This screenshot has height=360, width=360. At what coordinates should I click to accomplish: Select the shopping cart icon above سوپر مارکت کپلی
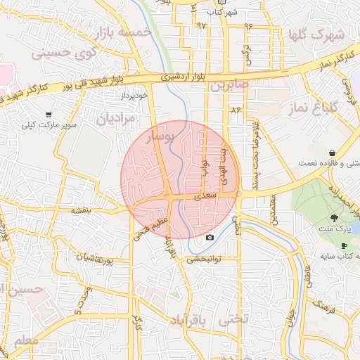tap(49, 114)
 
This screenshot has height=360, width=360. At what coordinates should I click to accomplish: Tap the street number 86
tap(235, 110)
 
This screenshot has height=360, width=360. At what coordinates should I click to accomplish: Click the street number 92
tap(202, 26)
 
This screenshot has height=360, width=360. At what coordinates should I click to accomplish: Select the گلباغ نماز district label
tap(313, 108)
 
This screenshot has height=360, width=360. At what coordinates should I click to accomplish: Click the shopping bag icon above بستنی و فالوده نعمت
tap(331, 153)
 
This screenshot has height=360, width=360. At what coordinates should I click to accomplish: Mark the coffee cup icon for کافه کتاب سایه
tap(344, 245)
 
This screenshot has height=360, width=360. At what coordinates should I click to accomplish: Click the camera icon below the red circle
tap(210, 238)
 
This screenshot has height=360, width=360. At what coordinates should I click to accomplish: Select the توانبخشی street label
tap(204, 259)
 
